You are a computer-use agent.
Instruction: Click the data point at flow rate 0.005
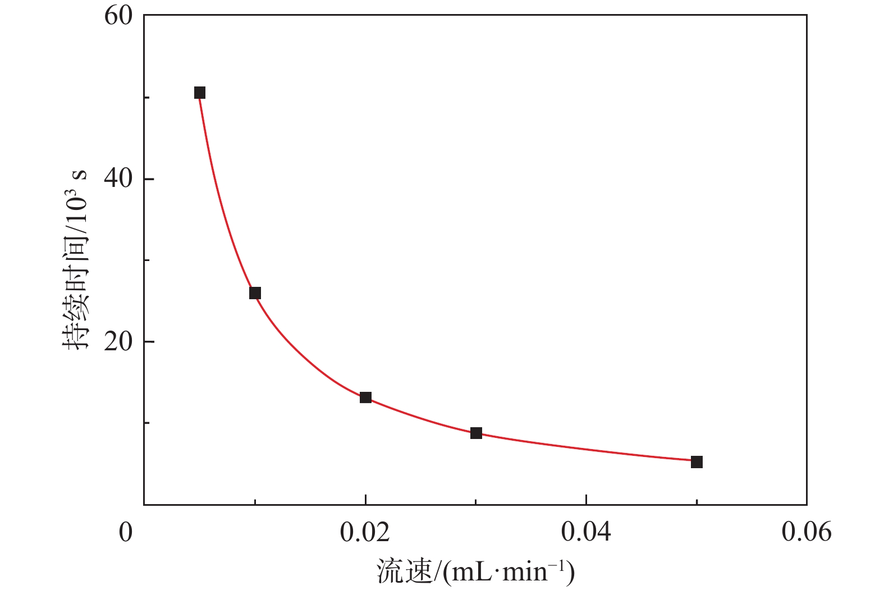(200, 93)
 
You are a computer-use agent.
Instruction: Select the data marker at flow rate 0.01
(255, 293)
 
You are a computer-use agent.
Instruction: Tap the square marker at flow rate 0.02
(365, 397)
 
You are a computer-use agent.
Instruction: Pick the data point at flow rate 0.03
(476, 433)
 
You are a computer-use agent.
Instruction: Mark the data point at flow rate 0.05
(697, 462)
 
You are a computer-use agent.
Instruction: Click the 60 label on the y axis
(118, 16)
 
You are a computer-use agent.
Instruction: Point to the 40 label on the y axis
(118, 179)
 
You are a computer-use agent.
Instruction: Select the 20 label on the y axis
(118, 342)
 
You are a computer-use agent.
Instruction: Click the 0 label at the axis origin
(126, 532)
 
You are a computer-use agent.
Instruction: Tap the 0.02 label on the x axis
(365, 532)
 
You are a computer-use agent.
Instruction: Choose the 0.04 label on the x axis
(586, 532)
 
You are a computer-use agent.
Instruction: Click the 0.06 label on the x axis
(807, 532)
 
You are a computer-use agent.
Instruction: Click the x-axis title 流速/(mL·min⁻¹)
(476, 571)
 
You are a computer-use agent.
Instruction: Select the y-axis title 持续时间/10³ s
(75, 259)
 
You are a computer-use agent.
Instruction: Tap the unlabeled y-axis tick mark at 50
(147, 98)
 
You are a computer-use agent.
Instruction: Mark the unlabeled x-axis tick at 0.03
(476, 501)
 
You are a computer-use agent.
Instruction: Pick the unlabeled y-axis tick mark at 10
(147, 423)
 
